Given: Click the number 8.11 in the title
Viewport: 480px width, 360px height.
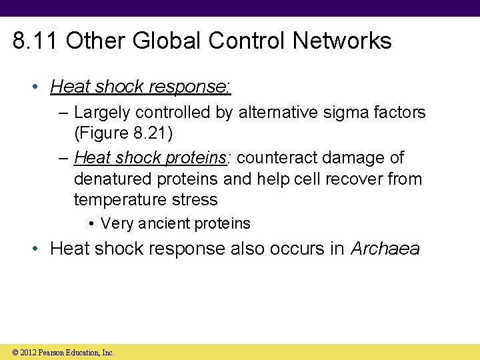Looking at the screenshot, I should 36,41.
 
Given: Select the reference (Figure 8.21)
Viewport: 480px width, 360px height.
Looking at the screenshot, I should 123,133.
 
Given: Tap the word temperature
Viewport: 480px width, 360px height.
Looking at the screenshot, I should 116,199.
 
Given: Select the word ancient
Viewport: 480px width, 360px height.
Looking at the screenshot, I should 163,223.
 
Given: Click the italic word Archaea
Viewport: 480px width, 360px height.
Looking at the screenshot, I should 385,249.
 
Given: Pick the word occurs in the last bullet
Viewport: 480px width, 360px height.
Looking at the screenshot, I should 297,249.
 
